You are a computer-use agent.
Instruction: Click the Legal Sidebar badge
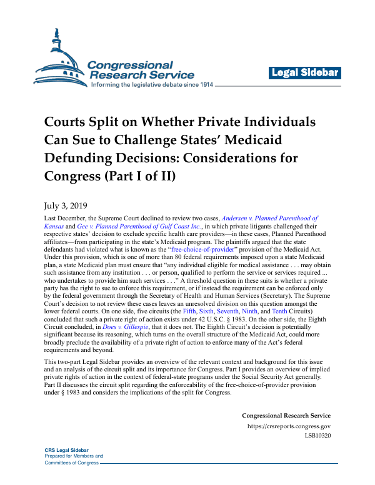pos(305,73)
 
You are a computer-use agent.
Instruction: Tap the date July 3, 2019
pos(66,205)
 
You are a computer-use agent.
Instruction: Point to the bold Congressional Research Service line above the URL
pos(286,416)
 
